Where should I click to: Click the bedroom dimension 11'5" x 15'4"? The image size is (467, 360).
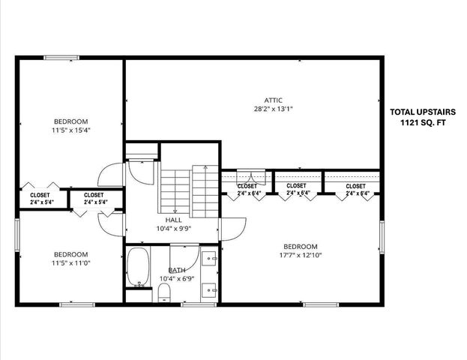(70, 130)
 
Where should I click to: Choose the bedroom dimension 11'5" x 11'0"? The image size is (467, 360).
(70, 263)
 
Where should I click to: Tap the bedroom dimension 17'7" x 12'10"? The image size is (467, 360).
(300, 256)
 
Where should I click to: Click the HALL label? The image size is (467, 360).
(174, 220)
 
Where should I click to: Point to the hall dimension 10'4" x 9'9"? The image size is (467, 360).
(174, 229)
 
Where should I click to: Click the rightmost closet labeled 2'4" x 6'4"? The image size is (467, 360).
(355, 189)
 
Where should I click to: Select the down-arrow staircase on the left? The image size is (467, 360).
(175, 192)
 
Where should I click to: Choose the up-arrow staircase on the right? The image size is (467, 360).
(205, 190)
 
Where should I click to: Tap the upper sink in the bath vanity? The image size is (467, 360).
(210, 259)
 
